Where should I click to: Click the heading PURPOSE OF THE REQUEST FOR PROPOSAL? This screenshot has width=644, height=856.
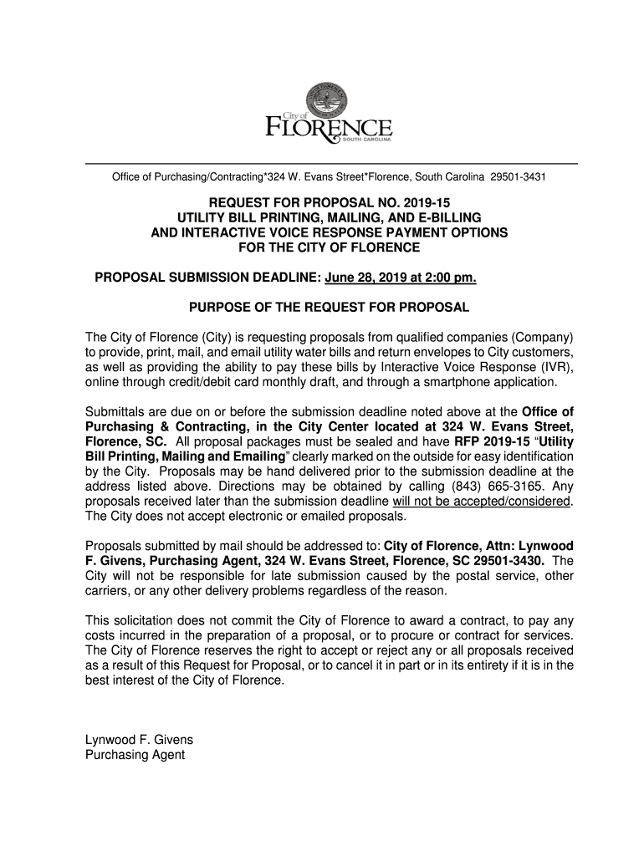(329, 307)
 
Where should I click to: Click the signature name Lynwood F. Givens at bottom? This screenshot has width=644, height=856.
(139, 740)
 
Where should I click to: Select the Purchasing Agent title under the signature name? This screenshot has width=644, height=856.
(135, 755)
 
